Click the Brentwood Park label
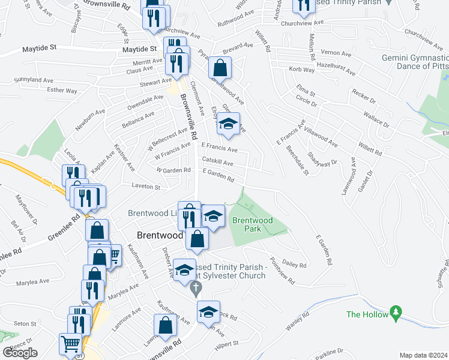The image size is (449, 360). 252,224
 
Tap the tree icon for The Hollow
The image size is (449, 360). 395,313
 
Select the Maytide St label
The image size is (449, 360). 40,47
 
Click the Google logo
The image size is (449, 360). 20,352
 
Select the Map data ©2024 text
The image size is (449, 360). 423,355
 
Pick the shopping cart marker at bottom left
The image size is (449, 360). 70,344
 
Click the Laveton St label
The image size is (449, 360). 146,188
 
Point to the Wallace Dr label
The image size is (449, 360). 375,116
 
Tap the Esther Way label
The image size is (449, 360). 62,91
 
